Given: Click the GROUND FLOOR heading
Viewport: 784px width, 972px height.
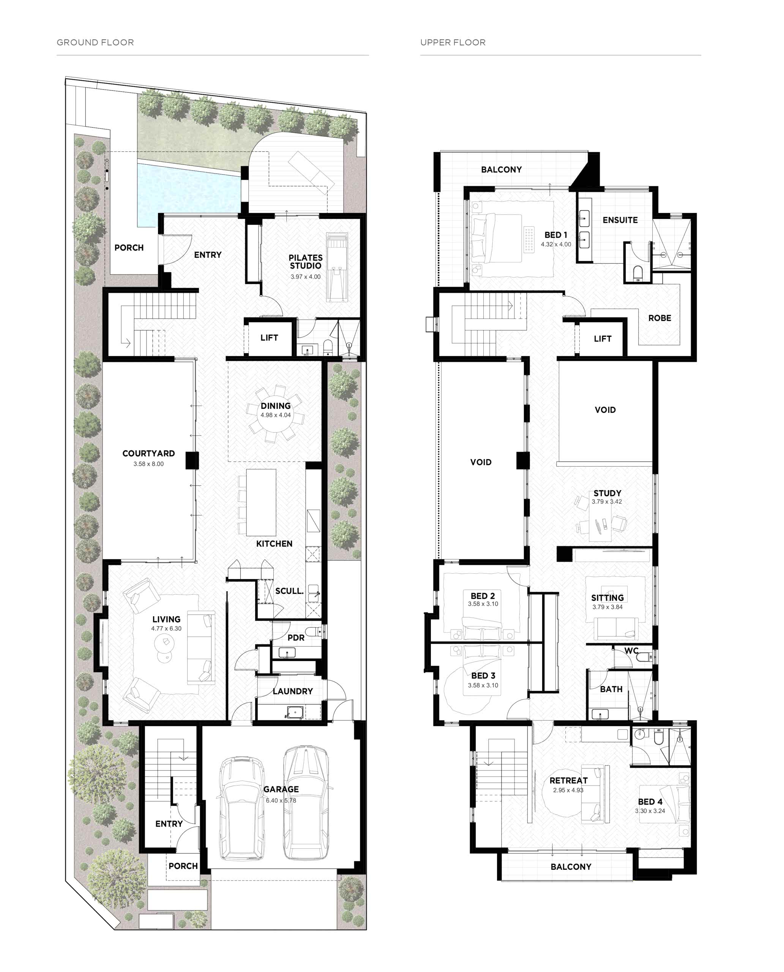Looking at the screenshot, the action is click(x=95, y=43).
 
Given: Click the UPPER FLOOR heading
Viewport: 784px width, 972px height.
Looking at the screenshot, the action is click(x=453, y=43).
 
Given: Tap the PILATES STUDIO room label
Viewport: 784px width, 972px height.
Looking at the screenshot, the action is click(x=306, y=262).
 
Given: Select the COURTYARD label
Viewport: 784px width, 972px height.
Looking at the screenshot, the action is click(x=148, y=453).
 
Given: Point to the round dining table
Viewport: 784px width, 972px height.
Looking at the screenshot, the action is click(x=276, y=414).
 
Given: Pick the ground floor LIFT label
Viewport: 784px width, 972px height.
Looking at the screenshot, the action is click(x=269, y=338).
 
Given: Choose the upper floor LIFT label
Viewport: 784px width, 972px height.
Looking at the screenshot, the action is click(x=603, y=338).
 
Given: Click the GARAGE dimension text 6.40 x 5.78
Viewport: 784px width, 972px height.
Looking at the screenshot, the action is click(x=281, y=800).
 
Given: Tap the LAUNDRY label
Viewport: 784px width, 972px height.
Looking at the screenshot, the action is click(x=293, y=691).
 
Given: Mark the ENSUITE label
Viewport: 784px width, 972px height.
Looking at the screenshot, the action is click(x=620, y=220).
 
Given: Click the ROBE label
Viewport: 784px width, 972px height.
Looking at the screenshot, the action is click(x=660, y=318).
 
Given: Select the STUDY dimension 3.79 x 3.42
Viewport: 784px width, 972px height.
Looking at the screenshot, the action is click(x=607, y=501).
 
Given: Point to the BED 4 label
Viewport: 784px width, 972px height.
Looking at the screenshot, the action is click(x=650, y=802).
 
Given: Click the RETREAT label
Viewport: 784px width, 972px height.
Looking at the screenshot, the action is click(x=569, y=781).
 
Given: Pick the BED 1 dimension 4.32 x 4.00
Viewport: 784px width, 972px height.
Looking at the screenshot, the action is click(x=556, y=245).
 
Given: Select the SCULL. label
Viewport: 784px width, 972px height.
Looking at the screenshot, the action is click(x=289, y=591).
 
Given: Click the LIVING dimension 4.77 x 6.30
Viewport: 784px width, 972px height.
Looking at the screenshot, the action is click(x=166, y=628).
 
